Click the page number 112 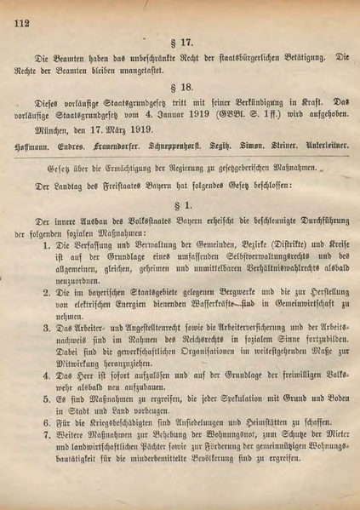click(x=20, y=23)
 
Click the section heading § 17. click(x=178, y=42)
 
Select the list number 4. click(x=48, y=373)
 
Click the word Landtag click(x=70, y=184)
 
